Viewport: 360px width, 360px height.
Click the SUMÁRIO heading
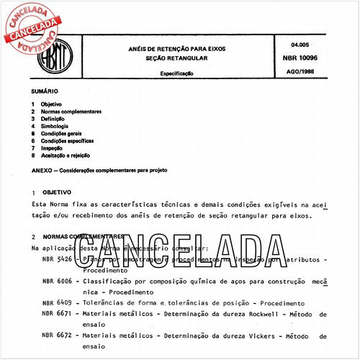(x=45, y=92)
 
